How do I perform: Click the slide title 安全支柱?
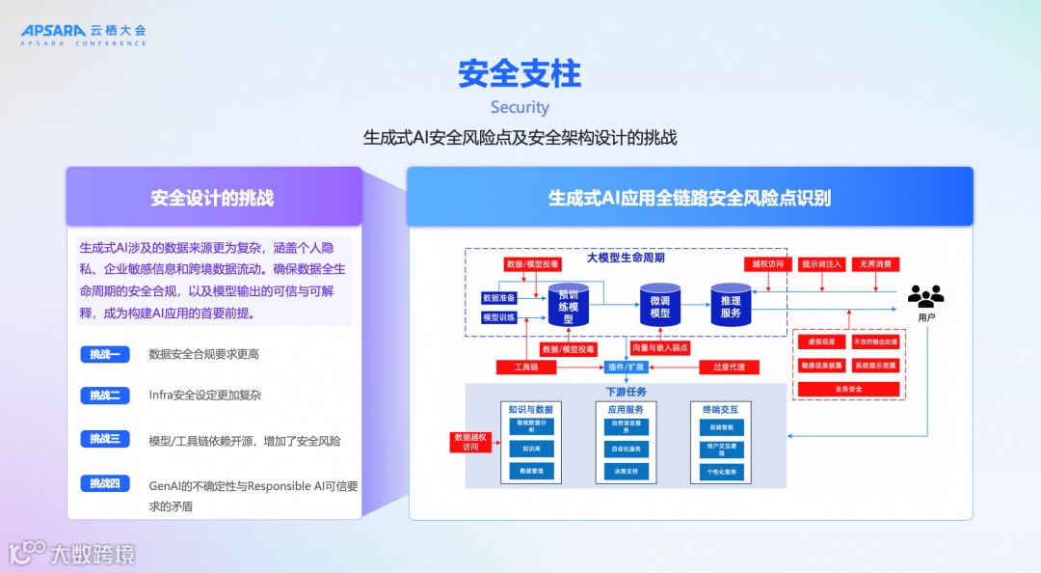[520, 73]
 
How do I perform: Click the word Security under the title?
[520, 107]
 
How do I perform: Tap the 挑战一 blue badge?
[105, 354]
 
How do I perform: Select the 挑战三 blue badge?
[105, 439]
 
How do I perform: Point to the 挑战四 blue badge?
[105, 483]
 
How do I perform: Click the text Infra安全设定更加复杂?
[205, 396]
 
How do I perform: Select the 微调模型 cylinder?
[660, 306]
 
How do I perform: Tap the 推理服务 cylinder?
[731, 306]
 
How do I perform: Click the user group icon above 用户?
[925, 296]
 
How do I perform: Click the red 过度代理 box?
[729, 368]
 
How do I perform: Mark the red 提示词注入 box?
[822, 264]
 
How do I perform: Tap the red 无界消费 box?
[875, 264]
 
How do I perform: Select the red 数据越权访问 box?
[469, 442]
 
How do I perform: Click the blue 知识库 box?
[532, 449]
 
